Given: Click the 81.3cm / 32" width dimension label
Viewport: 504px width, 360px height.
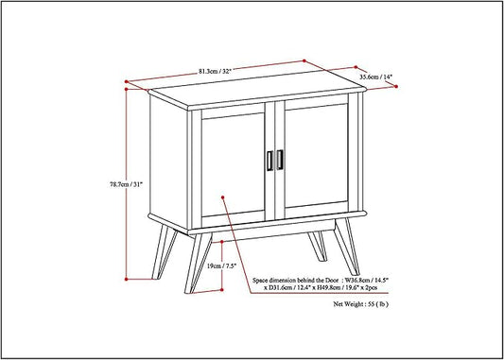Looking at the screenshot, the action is [x=215, y=71].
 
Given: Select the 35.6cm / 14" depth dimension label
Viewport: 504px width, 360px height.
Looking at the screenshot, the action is [x=375, y=77].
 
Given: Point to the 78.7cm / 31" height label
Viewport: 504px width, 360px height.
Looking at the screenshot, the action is [x=126, y=184].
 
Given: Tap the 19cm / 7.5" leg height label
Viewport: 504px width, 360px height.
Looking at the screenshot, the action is [x=221, y=266].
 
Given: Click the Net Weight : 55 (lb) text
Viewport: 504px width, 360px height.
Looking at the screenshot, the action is [x=360, y=304].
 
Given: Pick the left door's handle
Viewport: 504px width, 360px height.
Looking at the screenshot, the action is [x=269, y=161].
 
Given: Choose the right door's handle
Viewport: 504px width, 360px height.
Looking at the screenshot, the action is [x=280, y=160].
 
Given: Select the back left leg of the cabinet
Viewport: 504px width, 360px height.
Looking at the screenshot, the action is [x=165, y=252].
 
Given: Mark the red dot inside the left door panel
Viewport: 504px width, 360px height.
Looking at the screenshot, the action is [x=222, y=197].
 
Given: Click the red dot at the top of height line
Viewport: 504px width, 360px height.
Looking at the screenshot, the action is [x=127, y=89].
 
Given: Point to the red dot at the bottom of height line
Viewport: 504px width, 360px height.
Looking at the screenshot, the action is [x=127, y=279].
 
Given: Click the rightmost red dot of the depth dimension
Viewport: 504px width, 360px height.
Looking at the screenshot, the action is [x=396, y=86].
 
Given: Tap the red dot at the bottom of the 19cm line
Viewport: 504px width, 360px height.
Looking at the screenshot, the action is [x=222, y=290].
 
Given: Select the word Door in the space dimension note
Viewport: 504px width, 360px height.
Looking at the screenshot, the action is [x=331, y=280].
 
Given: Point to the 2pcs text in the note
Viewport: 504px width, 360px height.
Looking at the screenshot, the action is [x=371, y=288].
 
